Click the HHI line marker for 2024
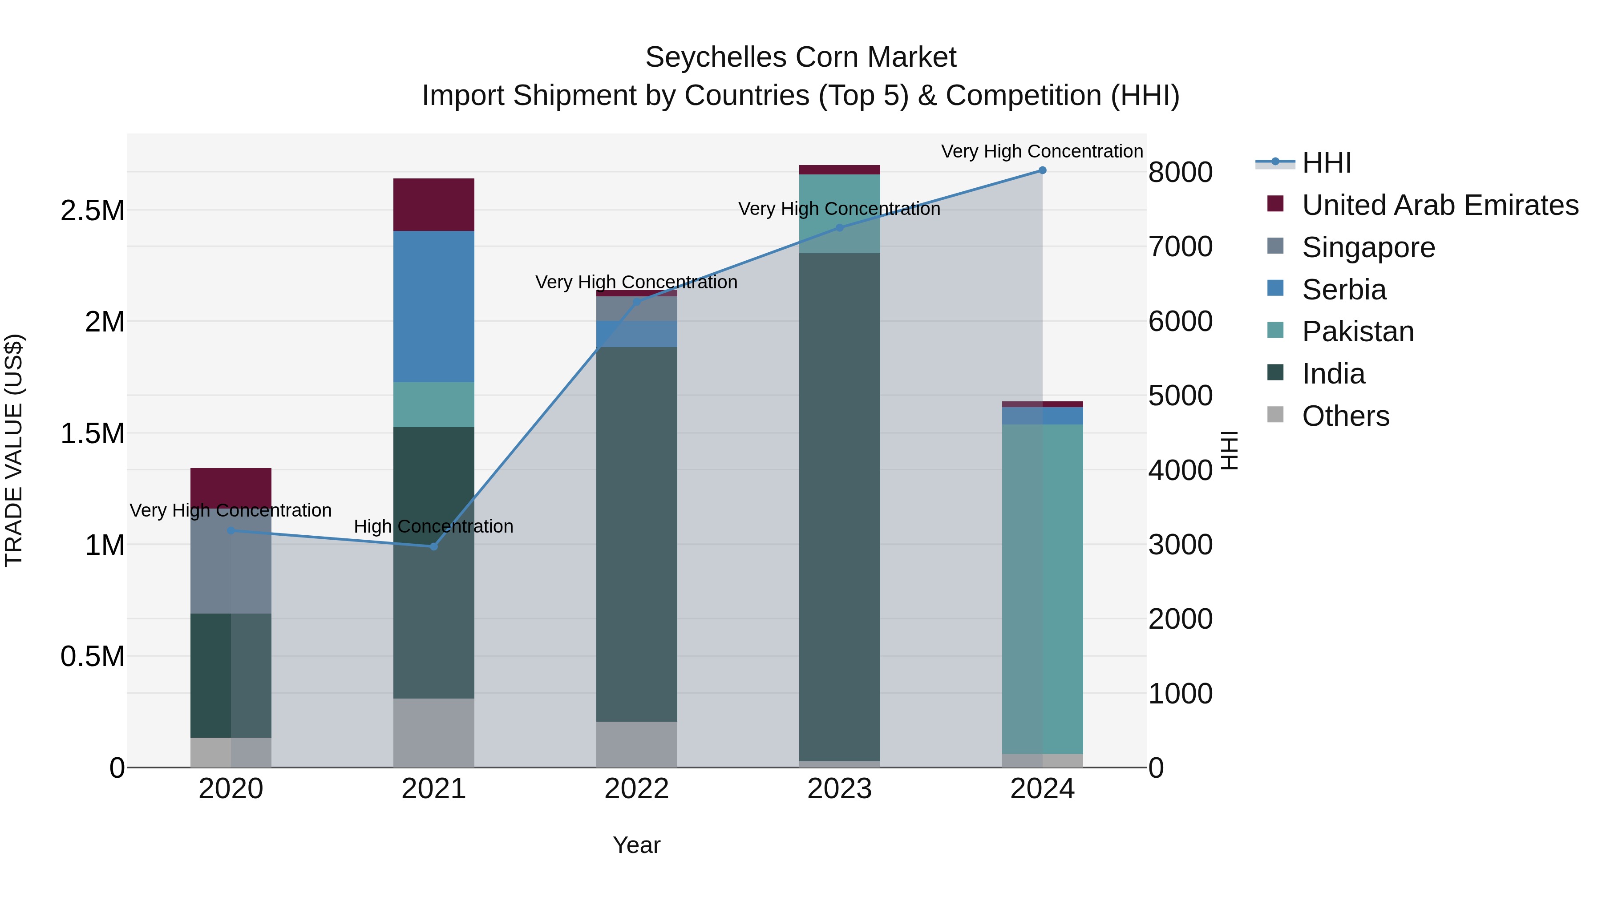(1042, 170)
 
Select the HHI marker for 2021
(433, 546)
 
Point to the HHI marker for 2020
(231, 530)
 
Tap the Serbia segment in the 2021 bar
(433, 307)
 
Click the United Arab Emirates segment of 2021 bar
(433, 205)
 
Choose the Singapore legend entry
(1368, 247)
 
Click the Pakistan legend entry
(1358, 331)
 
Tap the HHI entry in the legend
(1326, 163)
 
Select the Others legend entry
(1345, 416)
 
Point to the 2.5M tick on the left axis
(93, 211)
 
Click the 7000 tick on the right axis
(1180, 247)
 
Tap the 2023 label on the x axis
(840, 789)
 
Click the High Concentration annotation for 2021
(433, 527)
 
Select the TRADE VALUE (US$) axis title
(14, 450)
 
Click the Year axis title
(636, 845)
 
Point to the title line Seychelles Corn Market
(801, 57)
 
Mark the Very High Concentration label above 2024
(1042, 151)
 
